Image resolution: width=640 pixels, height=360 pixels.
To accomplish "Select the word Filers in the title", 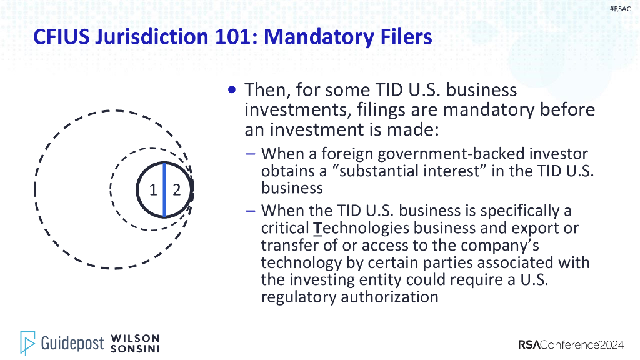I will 401,37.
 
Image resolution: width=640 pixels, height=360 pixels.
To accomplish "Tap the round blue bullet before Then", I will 232,90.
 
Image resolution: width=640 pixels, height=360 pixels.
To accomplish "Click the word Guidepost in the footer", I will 72,343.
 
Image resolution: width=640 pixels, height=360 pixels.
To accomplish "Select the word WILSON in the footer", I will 135,338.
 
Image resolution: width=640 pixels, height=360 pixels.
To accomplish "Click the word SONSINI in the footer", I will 135,348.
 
